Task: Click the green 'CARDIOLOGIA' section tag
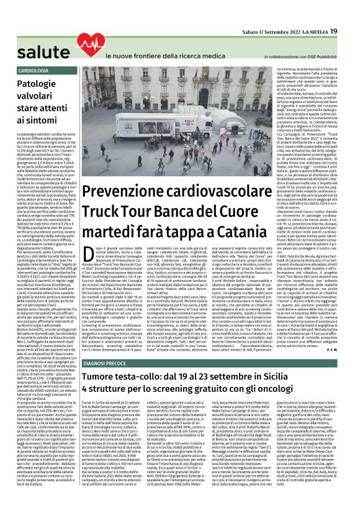coord(34,71)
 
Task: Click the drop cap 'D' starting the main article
coord(80,250)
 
